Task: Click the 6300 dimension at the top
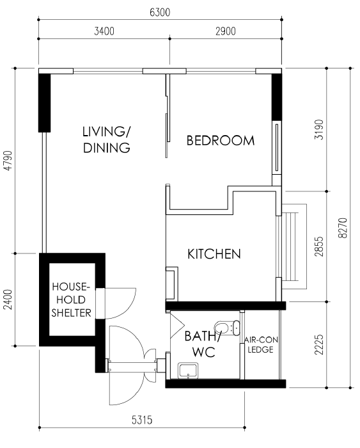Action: click(x=160, y=12)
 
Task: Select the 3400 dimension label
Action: click(x=104, y=31)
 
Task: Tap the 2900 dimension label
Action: click(x=226, y=31)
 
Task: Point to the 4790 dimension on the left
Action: click(x=8, y=161)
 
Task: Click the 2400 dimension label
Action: click(x=8, y=299)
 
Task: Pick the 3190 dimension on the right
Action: click(x=320, y=129)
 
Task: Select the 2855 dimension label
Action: click(x=320, y=246)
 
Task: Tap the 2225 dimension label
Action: click(x=320, y=344)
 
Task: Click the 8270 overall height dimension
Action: click(x=343, y=228)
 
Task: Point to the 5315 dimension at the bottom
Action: click(x=142, y=420)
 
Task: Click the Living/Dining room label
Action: click(x=107, y=140)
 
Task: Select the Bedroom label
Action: click(x=221, y=141)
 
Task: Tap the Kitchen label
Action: click(x=214, y=254)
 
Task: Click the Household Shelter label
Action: click(x=71, y=300)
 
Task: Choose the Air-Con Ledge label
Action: click(x=261, y=344)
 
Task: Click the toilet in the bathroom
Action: click(x=227, y=328)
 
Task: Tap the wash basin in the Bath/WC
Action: click(x=188, y=371)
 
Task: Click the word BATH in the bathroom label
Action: click(x=201, y=336)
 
